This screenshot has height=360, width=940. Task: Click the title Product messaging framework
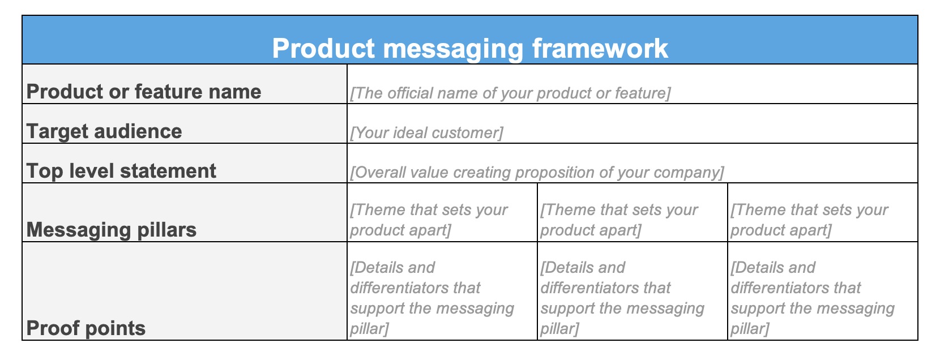click(x=470, y=49)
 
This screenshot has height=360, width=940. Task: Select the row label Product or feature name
click(x=144, y=92)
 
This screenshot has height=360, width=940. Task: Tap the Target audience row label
click(x=104, y=131)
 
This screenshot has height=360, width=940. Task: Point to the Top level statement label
click(x=121, y=171)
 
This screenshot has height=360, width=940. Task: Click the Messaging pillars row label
click(x=112, y=230)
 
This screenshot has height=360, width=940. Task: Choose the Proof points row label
click(x=86, y=328)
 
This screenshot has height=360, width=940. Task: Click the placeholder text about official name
click(x=510, y=93)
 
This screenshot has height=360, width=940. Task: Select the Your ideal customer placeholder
click(x=426, y=132)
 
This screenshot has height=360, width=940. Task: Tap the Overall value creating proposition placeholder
click(x=536, y=172)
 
